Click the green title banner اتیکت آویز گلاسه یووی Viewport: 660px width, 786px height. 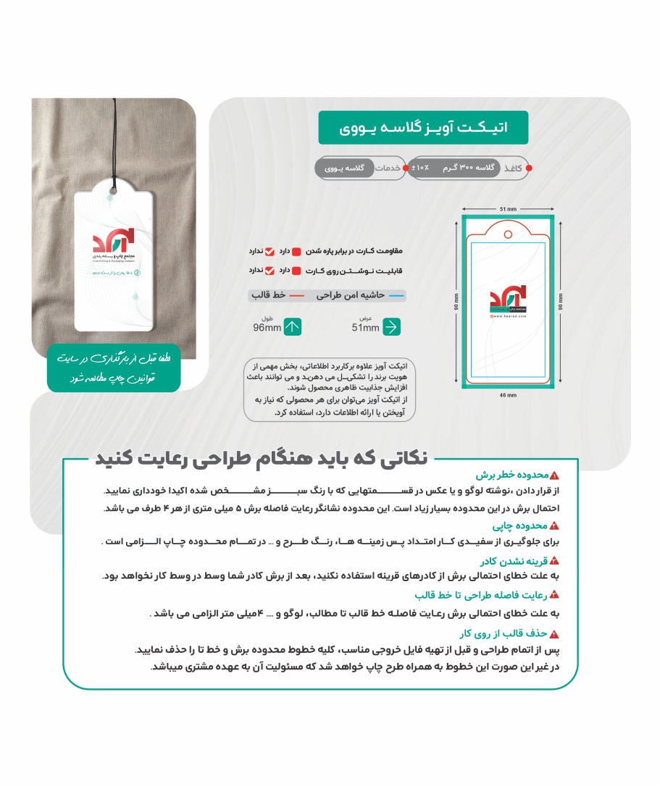point(423,127)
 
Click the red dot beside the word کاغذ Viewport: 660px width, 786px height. point(529,168)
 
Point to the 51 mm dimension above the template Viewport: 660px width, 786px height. point(508,208)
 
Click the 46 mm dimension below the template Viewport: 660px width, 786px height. point(508,395)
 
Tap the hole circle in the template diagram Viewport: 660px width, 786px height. point(496,233)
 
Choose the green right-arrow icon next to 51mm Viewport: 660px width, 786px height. point(391,327)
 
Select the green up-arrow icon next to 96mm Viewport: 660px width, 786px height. point(292,327)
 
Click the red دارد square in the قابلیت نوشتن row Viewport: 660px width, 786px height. point(296,270)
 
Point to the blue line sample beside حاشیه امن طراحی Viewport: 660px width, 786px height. point(397,296)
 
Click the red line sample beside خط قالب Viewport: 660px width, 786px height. point(297,296)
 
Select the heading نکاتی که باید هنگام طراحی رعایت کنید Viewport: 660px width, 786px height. point(262,457)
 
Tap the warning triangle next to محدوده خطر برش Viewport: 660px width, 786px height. point(554,476)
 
